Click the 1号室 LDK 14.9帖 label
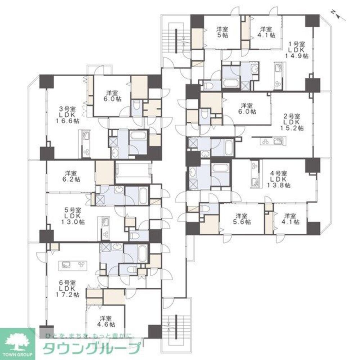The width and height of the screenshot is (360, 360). click(x=297, y=50)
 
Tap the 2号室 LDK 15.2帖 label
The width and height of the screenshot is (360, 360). click(x=292, y=122)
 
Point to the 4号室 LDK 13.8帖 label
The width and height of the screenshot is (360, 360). click(x=279, y=179)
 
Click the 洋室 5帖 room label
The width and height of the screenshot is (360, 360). click(x=222, y=32)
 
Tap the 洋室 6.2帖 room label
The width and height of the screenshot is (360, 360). click(x=71, y=176)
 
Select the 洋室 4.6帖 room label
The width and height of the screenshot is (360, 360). click(x=106, y=321)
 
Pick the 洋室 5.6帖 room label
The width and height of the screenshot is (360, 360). click(x=242, y=219)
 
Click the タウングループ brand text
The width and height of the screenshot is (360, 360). click(x=91, y=348)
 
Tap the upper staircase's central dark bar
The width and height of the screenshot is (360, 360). click(x=176, y=41)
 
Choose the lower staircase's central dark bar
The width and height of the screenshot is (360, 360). click(x=176, y=327)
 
